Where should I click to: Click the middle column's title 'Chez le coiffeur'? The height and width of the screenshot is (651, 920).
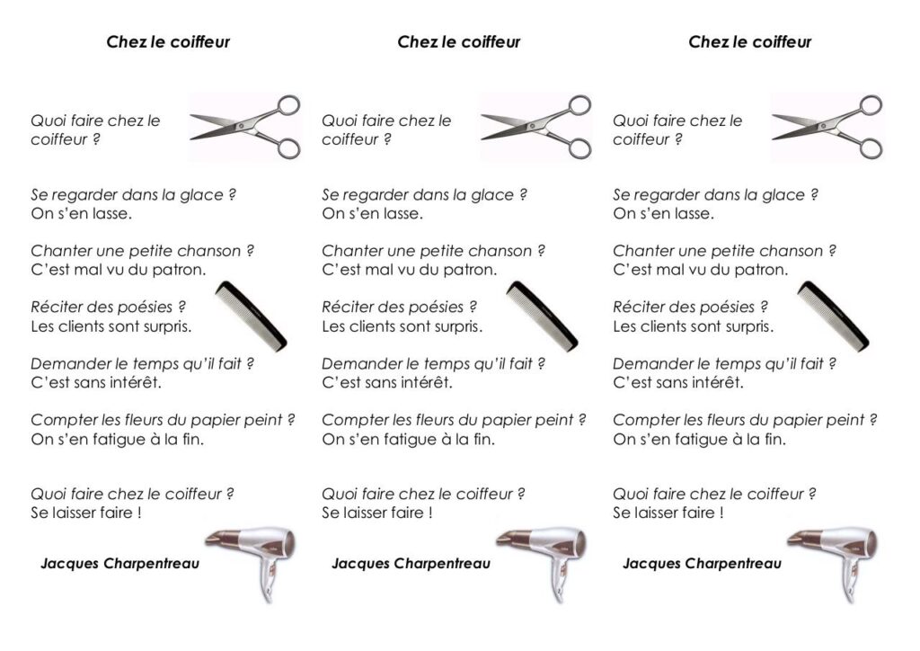coord(459,41)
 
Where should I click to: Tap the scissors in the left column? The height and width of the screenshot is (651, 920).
coord(245,126)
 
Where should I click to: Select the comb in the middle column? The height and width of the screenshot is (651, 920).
coord(542,317)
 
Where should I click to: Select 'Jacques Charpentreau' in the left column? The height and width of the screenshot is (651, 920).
coord(119,564)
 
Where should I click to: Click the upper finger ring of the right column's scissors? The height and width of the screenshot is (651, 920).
coord(871,105)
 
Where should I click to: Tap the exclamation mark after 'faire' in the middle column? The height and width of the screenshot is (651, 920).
coord(430,513)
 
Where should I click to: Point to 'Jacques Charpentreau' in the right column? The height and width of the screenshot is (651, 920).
coord(702,564)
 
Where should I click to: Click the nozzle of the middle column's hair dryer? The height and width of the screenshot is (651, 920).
coord(509,539)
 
